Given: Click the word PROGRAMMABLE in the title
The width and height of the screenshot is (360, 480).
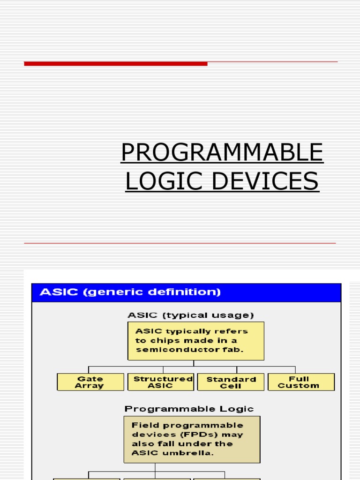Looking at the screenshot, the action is point(222,152).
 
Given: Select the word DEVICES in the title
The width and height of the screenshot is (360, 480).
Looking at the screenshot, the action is point(265,181).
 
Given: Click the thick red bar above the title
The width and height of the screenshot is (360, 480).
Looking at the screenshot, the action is point(116,64).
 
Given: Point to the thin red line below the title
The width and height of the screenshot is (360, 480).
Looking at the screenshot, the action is point(180,243).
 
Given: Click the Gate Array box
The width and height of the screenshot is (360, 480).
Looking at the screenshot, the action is point(90,382).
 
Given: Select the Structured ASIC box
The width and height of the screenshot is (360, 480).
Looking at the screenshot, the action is point(161,382).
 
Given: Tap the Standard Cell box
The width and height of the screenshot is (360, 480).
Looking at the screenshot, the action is point(231,382).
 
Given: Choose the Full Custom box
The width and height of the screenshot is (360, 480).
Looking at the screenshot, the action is point(301,382).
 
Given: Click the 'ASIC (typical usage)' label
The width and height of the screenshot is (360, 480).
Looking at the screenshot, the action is point(191,315).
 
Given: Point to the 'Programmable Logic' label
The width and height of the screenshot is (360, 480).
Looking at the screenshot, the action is point(189,409).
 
